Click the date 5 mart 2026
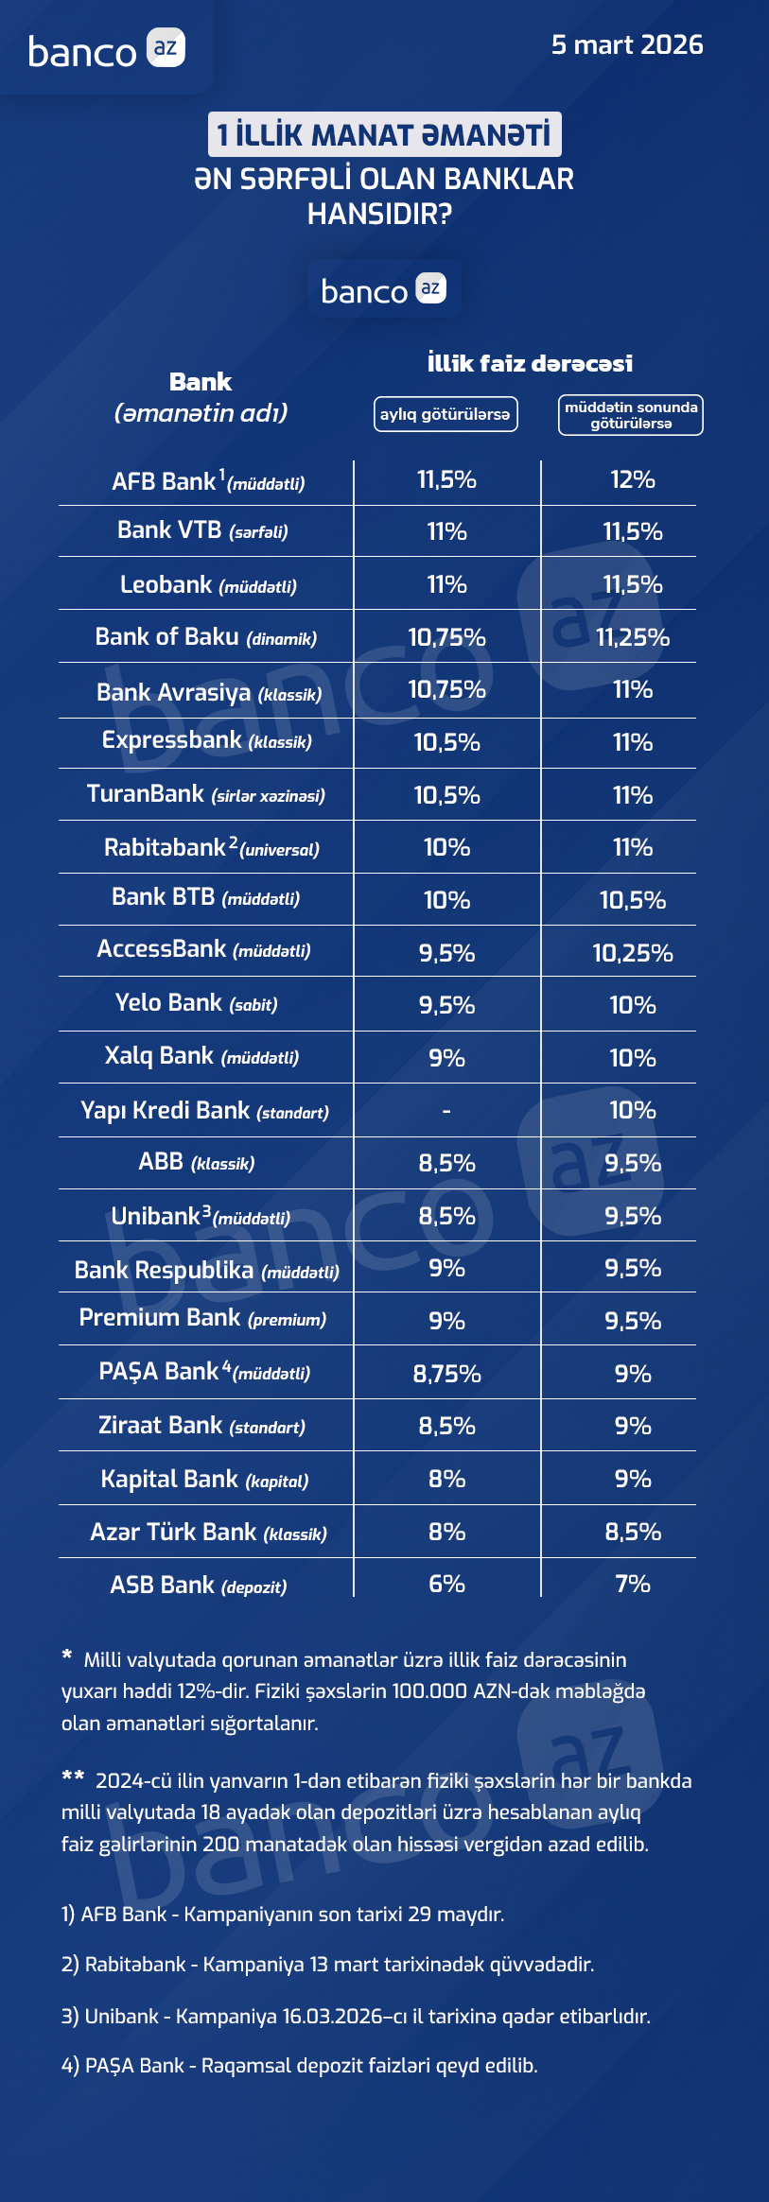click(x=627, y=44)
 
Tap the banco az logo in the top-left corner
click(x=106, y=49)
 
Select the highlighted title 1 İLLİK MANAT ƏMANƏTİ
click(x=384, y=134)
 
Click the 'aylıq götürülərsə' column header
click(x=446, y=414)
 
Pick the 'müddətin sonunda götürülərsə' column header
click(x=631, y=415)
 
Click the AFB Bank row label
click(x=208, y=482)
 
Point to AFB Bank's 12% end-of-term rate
click(x=633, y=480)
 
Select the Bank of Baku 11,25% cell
click(x=633, y=638)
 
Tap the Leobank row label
click(x=208, y=585)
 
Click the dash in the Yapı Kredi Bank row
click(x=446, y=1111)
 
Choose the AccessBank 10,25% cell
click(x=633, y=953)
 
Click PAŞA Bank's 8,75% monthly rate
click(x=446, y=1374)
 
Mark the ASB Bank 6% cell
click(x=446, y=1584)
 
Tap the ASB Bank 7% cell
click(x=633, y=1584)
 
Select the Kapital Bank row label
click(x=205, y=1480)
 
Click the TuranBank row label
click(x=206, y=794)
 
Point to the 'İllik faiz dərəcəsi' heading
click(x=530, y=363)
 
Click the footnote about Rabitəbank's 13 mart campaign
click(x=327, y=1965)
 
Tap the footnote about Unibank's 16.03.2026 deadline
click(x=356, y=2016)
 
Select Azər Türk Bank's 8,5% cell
click(x=633, y=1532)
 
